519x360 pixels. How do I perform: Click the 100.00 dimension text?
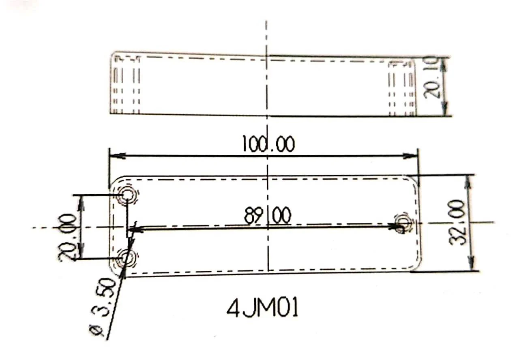pos(268,144)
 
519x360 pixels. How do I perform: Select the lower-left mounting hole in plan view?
pos(127,258)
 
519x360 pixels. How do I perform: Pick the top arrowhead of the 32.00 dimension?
pos(468,182)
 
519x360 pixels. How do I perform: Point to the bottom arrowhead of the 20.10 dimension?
pos(444,110)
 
